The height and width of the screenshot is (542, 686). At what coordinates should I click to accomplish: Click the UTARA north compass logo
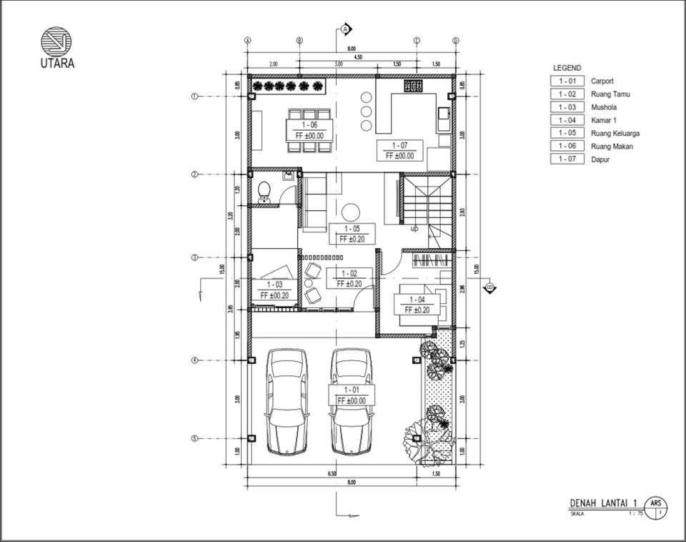tap(54, 40)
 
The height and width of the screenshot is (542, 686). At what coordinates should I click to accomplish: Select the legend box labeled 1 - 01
tap(567, 82)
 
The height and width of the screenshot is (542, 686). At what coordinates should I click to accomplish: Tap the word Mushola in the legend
tap(604, 107)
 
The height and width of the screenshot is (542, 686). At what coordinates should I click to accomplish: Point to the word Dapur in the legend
tap(601, 159)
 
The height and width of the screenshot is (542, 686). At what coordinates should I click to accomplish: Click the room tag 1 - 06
tap(309, 125)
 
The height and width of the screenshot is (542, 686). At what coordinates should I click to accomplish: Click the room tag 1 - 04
tap(417, 300)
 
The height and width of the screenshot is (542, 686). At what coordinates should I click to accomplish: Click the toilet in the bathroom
tap(264, 191)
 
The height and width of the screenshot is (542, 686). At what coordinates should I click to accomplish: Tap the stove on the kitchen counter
tap(414, 87)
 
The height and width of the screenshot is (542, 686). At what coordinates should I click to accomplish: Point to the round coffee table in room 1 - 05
tap(350, 212)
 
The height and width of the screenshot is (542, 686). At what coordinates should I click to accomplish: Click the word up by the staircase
tap(414, 229)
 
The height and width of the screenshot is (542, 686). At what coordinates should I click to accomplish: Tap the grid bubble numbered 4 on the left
tap(194, 360)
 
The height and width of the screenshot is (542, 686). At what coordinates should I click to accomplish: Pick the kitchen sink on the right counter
tap(442, 112)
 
